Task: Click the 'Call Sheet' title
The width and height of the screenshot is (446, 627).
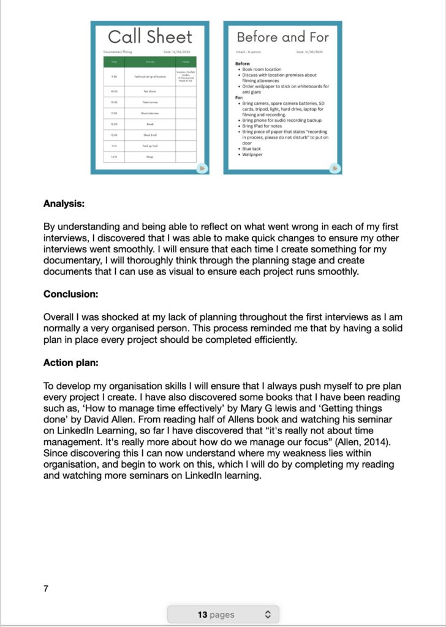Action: [x=150, y=36]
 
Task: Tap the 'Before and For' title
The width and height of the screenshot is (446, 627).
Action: [x=282, y=37]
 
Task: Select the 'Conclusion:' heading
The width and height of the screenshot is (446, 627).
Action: [x=71, y=295]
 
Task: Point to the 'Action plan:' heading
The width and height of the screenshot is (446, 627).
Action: [x=71, y=362]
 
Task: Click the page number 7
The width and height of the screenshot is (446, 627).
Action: [x=46, y=588]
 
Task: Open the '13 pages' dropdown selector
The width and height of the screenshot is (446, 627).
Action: [x=223, y=614]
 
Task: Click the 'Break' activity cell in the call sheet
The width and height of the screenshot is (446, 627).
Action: [x=149, y=124]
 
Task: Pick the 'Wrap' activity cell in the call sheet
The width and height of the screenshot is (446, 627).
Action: [x=149, y=157]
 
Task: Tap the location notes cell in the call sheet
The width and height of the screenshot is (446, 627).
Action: [x=186, y=77]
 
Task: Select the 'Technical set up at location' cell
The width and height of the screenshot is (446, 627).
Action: [x=149, y=77]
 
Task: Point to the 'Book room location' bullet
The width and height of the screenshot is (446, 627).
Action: [x=262, y=69]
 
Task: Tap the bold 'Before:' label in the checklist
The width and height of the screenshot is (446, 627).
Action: [x=244, y=64]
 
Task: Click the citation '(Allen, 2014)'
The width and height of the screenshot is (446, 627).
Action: [x=389, y=441]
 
